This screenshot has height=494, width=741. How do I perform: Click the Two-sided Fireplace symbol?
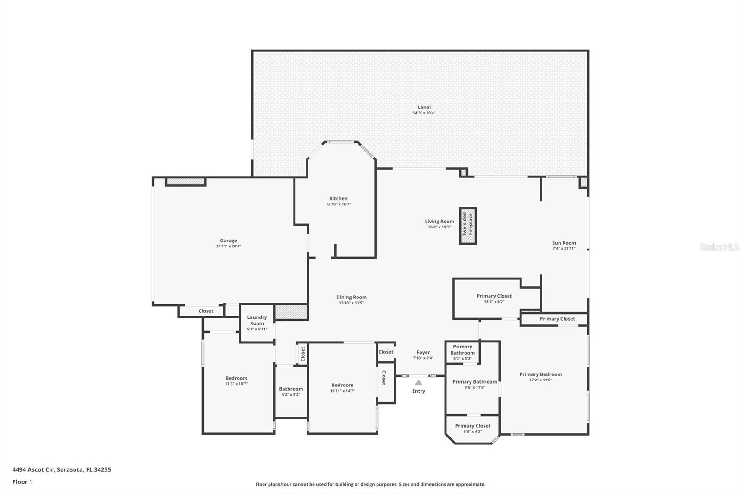(x=468, y=226)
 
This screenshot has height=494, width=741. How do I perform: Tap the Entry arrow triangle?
(x=418, y=383)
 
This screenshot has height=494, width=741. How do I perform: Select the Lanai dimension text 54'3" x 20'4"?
(x=424, y=113)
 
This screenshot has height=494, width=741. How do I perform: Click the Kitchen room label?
(x=338, y=198)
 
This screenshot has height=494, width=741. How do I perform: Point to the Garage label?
(x=228, y=241)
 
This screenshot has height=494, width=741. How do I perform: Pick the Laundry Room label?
(x=257, y=320)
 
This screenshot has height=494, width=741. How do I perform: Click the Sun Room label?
(x=564, y=243)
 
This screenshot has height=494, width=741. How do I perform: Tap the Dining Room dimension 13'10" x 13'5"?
(x=351, y=303)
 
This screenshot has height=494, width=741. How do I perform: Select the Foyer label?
(x=423, y=352)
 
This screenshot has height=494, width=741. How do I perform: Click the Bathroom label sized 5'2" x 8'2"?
(x=291, y=389)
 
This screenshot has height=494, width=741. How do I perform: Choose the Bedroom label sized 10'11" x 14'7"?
(x=342, y=385)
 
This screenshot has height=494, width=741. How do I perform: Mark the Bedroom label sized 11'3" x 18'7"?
(x=236, y=378)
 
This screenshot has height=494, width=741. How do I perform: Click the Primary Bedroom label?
(x=540, y=374)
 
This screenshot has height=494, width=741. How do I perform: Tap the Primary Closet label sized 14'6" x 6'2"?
(x=494, y=296)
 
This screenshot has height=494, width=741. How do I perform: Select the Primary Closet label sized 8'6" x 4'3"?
(x=472, y=426)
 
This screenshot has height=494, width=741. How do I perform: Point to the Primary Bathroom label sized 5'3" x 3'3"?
(x=462, y=349)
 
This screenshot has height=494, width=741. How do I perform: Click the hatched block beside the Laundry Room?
(x=291, y=311)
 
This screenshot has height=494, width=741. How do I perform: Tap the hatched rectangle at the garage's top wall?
(x=185, y=182)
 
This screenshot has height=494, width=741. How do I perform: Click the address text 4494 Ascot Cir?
(x=33, y=469)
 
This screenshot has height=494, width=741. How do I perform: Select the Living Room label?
(x=439, y=221)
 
